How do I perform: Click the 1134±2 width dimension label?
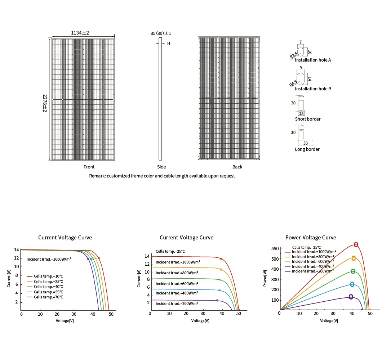[x=80, y=33]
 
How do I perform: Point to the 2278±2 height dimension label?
[x=45, y=103]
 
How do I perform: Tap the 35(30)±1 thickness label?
[x=161, y=33]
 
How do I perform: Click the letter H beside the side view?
[x=169, y=44]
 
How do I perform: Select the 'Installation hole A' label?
[x=313, y=60]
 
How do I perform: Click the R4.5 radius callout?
[x=293, y=83]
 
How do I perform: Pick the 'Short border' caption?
[x=308, y=119]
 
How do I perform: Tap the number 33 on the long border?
[x=306, y=143]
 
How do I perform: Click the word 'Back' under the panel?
[x=237, y=167]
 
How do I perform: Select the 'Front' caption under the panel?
[x=89, y=167]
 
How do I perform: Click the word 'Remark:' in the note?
[x=97, y=176]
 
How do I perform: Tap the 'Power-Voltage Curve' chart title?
[x=311, y=238]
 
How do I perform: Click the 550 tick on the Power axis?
[x=275, y=249]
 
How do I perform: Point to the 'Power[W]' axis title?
[x=265, y=278]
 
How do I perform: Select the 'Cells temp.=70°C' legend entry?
[x=48, y=297]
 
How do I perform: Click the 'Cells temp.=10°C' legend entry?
[x=48, y=276]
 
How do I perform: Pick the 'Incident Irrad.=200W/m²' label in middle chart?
[x=177, y=303]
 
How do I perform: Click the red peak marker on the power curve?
[x=356, y=245]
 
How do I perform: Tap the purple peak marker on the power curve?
[x=351, y=297]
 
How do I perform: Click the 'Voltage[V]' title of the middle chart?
[x=200, y=321]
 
